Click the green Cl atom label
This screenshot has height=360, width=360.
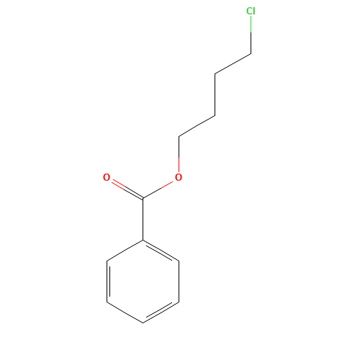(x=251, y=11)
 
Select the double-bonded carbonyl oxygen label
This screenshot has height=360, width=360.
(x=107, y=177)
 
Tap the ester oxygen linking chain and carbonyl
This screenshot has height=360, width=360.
(x=179, y=177)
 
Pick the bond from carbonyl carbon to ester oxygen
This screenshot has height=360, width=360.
(x=158, y=190)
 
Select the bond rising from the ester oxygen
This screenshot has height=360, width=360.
(x=179, y=154)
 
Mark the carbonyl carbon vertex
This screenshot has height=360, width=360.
(x=143, y=198)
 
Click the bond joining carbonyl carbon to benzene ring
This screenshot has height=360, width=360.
(x=143, y=219)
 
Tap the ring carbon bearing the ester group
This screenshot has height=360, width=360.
(x=143, y=240)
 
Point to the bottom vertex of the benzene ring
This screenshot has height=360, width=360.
(x=143, y=323)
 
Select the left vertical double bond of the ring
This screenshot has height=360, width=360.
(x=108, y=282)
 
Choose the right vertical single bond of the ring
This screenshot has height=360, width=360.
(x=179, y=282)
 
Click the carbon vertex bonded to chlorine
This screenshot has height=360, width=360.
(x=251, y=53)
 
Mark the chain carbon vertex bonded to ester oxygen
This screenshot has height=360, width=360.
(x=179, y=137)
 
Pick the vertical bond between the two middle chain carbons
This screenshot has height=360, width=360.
(x=215, y=95)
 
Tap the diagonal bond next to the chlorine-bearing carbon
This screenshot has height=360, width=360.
(x=233, y=63)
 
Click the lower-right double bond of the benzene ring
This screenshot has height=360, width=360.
(x=161, y=312)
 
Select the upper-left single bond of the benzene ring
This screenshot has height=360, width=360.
(x=125, y=251)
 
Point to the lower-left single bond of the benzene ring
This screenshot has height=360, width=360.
(x=125, y=312)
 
